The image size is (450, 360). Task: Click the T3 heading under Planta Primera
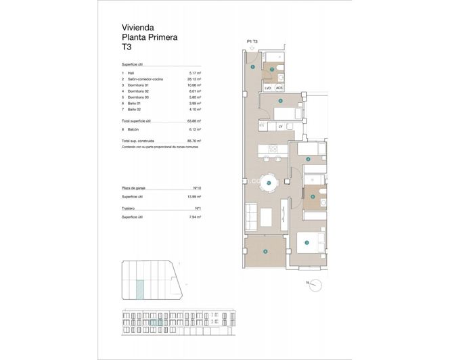127,48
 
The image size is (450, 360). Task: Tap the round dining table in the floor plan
269,183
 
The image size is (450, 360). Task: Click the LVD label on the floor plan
268,88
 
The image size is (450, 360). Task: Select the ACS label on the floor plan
279,88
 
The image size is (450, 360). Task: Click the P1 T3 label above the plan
253,42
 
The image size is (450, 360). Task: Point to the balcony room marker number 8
265,252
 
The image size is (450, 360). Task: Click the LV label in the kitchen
279,126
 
